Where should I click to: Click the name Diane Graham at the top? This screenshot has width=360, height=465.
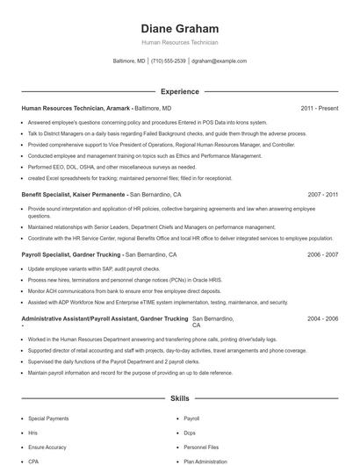pyautogui.click(x=179, y=28)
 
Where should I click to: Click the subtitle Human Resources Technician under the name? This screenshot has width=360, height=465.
pyautogui.click(x=179, y=42)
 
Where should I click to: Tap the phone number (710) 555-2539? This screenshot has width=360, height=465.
pyautogui.click(x=169, y=61)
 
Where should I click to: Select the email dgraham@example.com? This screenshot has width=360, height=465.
pyautogui.click(x=220, y=61)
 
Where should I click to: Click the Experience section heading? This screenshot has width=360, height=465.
pyautogui.click(x=179, y=91)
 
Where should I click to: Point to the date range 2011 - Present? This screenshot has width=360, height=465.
pyautogui.click(x=319, y=108)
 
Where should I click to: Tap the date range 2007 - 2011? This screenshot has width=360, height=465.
pyautogui.click(x=322, y=194)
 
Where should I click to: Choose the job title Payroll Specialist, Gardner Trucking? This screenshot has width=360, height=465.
pyautogui.click(x=71, y=254)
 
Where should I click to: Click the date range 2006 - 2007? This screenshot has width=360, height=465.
pyautogui.click(x=322, y=254)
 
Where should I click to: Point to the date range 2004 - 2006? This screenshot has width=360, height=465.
pyautogui.click(x=322, y=318)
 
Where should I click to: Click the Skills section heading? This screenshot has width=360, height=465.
pyautogui.click(x=179, y=398)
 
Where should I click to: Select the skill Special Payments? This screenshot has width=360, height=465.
pyautogui.click(x=48, y=419)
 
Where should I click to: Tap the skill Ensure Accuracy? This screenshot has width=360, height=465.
pyautogui.click(x=47, y=447)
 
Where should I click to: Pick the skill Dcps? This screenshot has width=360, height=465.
pyautogui.click(x=190, y=433)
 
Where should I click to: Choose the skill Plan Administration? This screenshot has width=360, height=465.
pyautogui.click(x=205, y=461)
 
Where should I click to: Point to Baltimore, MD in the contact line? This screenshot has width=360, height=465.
pyautogui.click(x=130, y=61)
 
